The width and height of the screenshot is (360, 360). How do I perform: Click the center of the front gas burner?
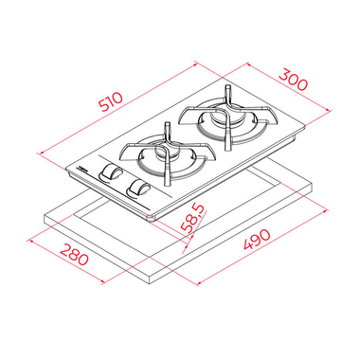click(162, 154)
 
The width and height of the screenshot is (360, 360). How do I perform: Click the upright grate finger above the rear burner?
click(227, 94)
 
